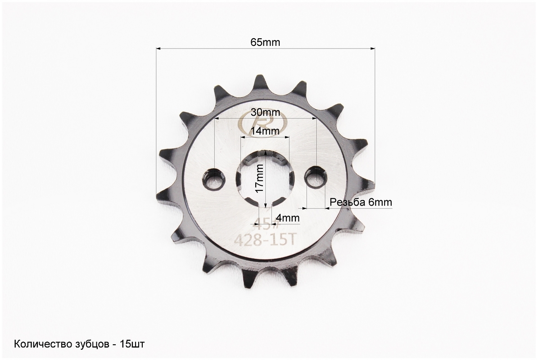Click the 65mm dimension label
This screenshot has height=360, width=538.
[x=265, y=42]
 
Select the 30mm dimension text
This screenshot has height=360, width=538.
[x=265, y=112]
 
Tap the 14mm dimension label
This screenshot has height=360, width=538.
[x=265, y=131]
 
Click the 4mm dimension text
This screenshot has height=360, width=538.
[x=288, y=218]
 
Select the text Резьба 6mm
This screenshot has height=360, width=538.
[x=361, y=202]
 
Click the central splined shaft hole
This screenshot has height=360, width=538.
[x=265, y=179]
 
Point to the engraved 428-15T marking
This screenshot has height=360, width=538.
[x=265, y=240]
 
